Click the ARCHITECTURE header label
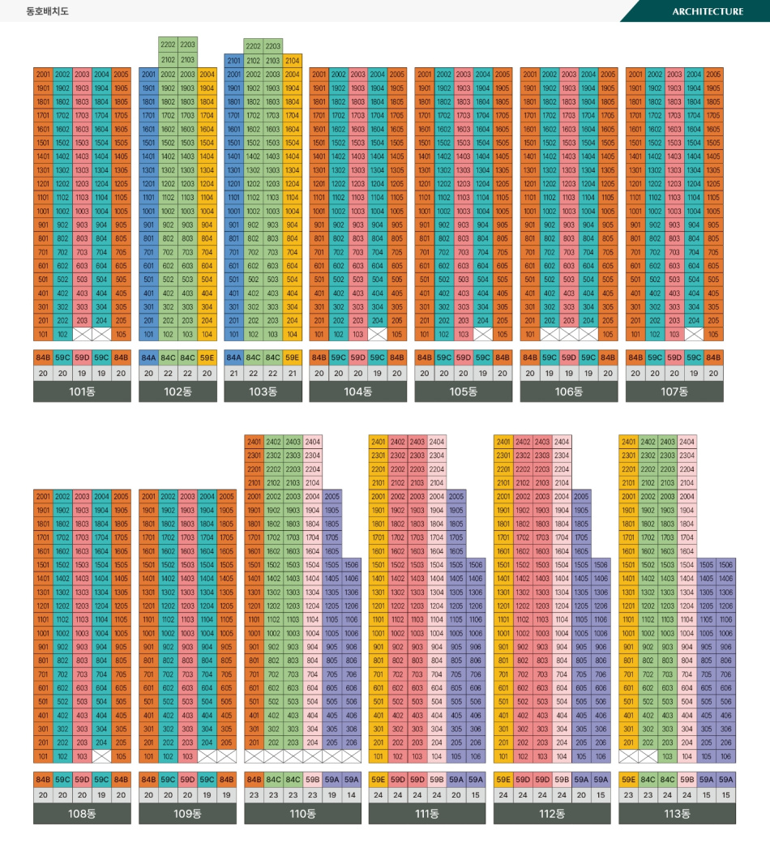pos(707,11)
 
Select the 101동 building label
pos(82,392)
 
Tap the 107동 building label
pos(674,392)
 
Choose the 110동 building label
pos(302,814)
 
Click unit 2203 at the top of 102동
pos(187,45)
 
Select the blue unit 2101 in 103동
pos(233,61)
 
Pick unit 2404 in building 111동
pos(437,442)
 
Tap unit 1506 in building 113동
pos(725,564)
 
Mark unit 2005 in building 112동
pos(581,496)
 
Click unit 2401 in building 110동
pos(254,442)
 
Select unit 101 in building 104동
pos(319,334)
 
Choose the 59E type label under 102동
pos(207,357)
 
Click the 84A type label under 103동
pos(233,357)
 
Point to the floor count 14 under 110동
pos(351,795)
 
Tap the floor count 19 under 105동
pos(483,373)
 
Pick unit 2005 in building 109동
pos(226,496)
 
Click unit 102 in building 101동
pos(62,334)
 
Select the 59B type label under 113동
pos(687,780)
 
